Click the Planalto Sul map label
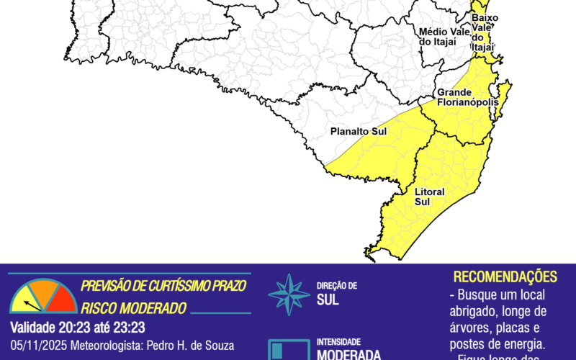(x=359, y=132)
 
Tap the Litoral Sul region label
(x=430, y=197)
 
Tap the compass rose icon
(x=289, y=294)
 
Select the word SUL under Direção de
(x=328, y=300)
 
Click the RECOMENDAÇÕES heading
(x=505, y=277)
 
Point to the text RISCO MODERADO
(x=134, y=308)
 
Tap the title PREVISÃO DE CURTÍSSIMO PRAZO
(x=163, y=285)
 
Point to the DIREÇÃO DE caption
(x=336, y=286)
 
